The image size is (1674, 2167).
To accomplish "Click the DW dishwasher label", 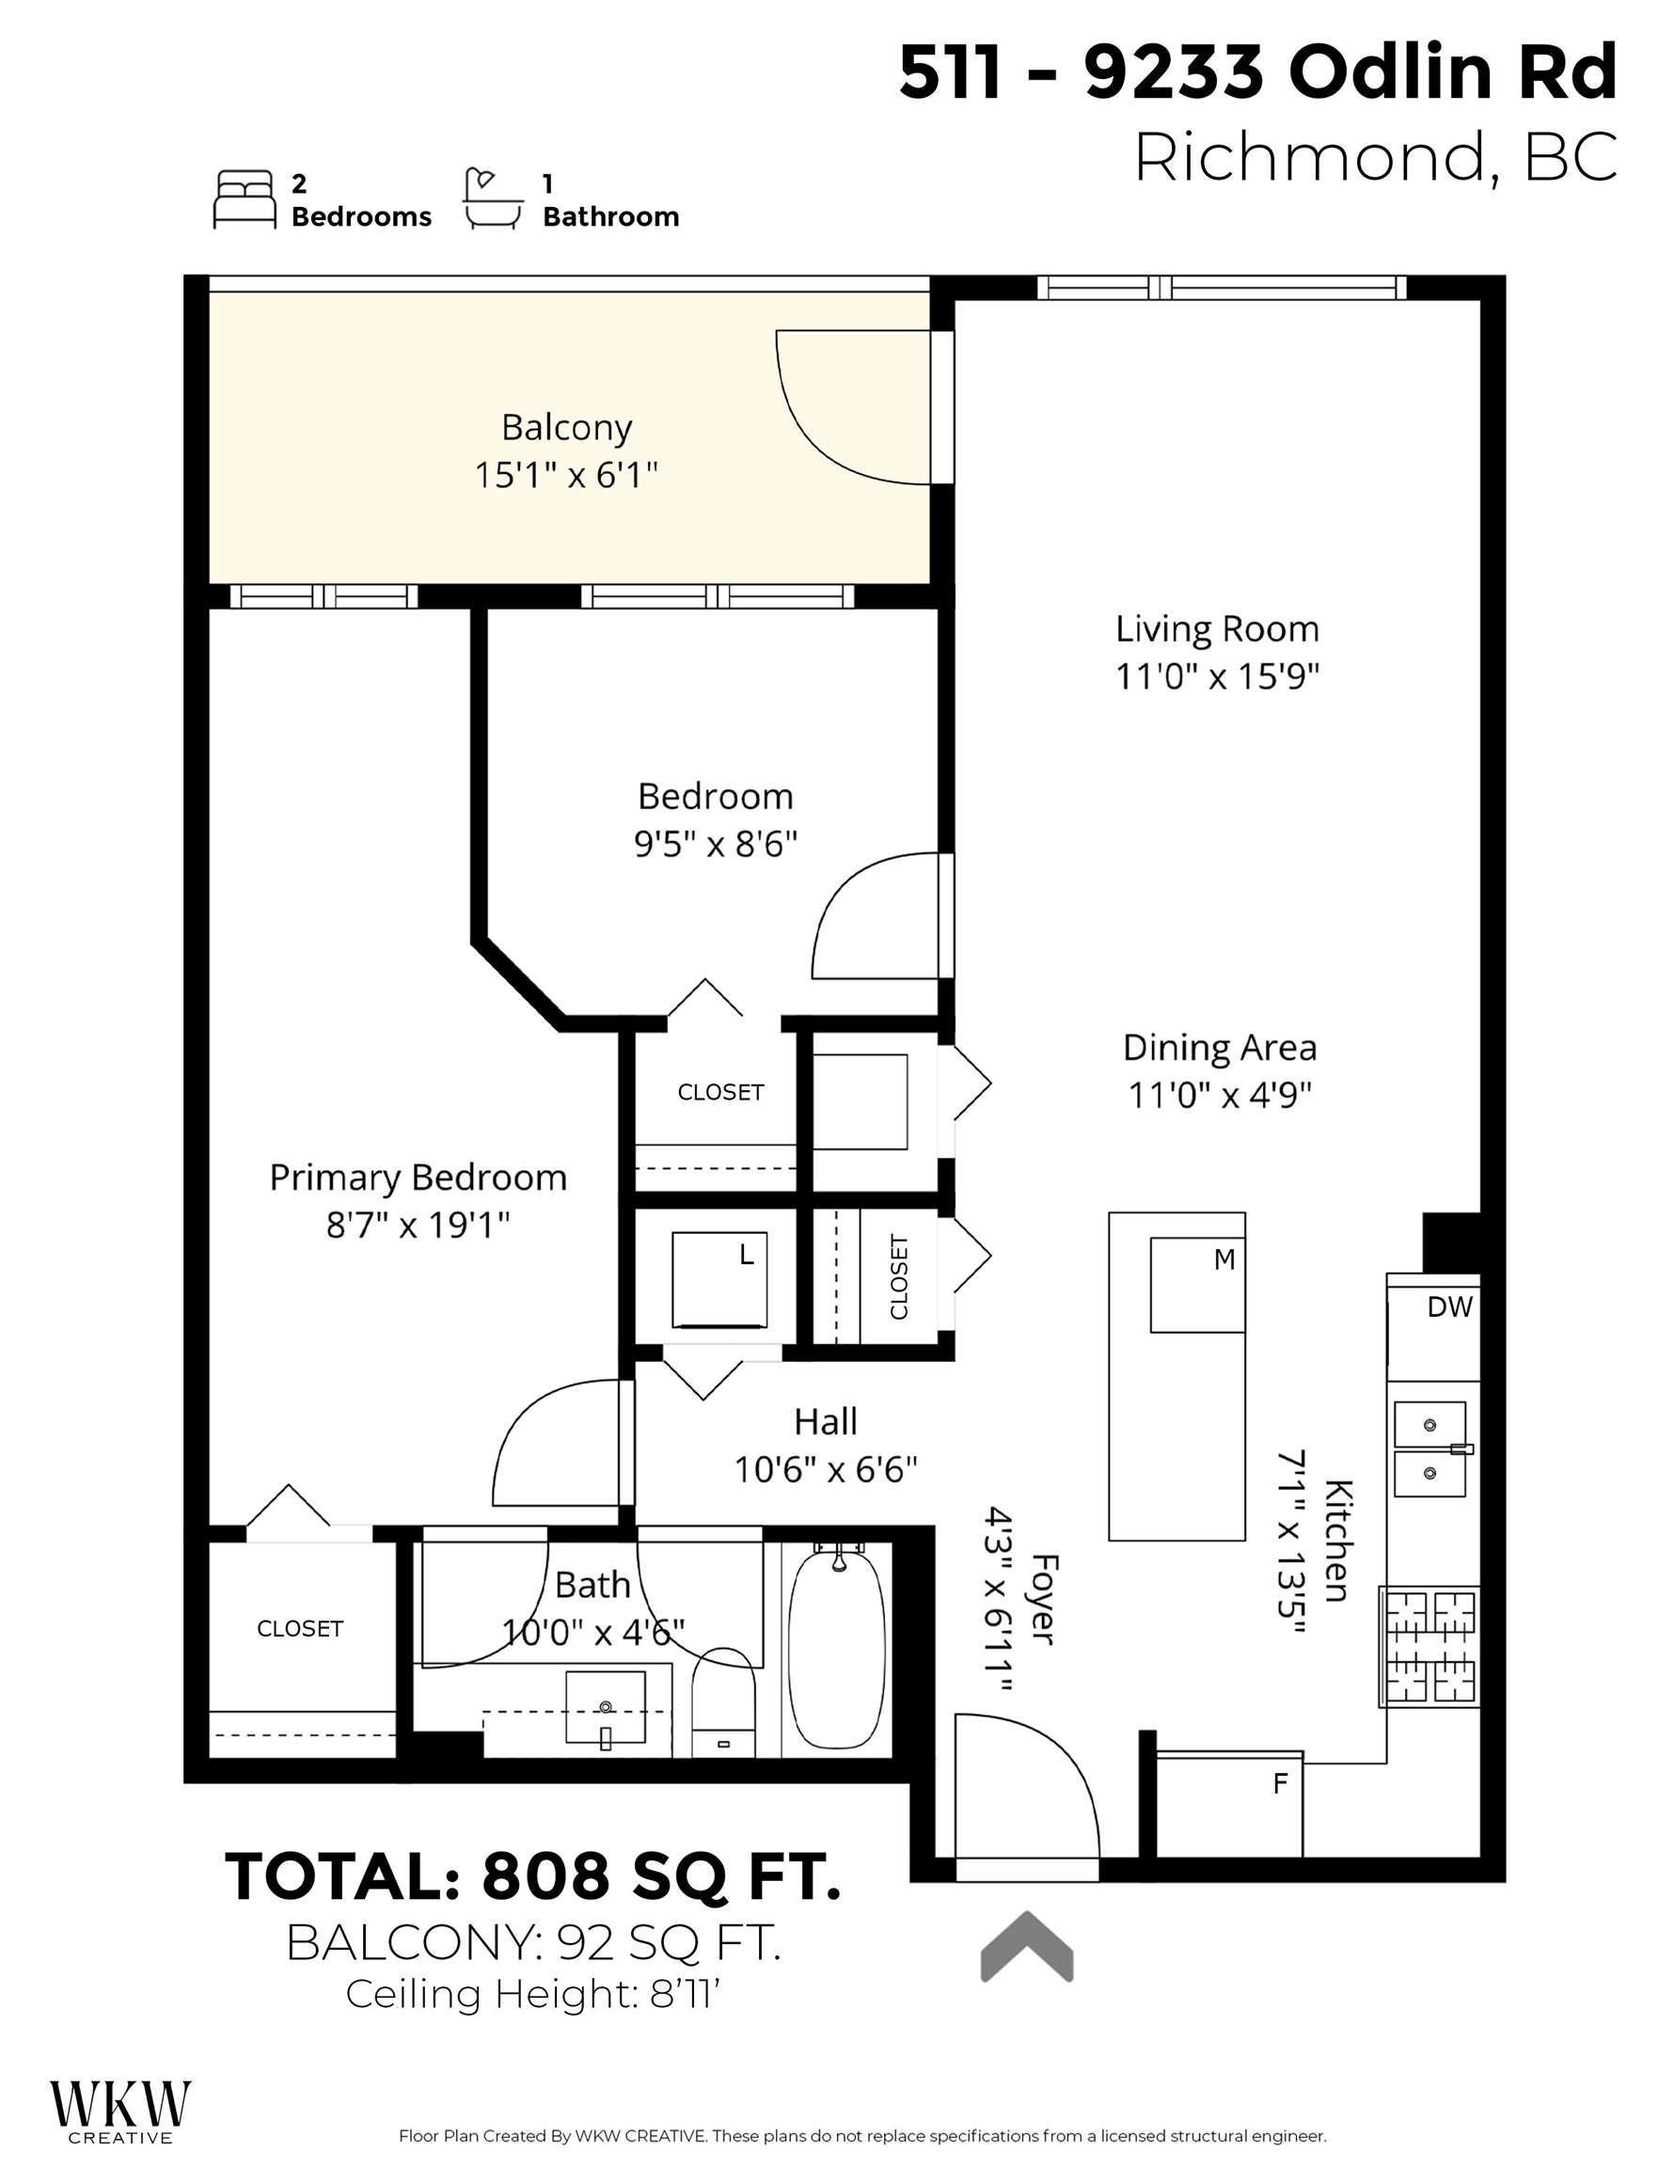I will (1448, 1306).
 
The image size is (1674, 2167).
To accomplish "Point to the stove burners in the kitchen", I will (1429, 1646).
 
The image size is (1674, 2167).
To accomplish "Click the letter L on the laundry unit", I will (746, 1256).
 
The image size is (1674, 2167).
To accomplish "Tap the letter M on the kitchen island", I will (1224, 1259).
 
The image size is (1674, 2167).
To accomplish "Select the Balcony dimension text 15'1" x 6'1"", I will (565, 475).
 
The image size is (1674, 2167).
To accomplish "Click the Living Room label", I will (1217, 629).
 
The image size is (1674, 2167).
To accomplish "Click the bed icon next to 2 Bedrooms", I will (245, 198).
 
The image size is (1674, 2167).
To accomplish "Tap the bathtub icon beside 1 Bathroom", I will (492, 198).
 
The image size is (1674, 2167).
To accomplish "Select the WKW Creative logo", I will (120, 2108).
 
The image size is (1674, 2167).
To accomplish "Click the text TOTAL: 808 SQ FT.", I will (533, 1876).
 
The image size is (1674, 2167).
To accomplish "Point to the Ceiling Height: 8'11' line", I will (532, 1993).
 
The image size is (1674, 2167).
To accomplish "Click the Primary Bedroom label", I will (418, 1178).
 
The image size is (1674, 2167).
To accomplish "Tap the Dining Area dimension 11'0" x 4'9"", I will (1220, 1096).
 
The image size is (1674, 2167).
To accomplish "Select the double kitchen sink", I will (1429, 1448).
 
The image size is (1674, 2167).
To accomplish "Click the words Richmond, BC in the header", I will (1375, 158).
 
